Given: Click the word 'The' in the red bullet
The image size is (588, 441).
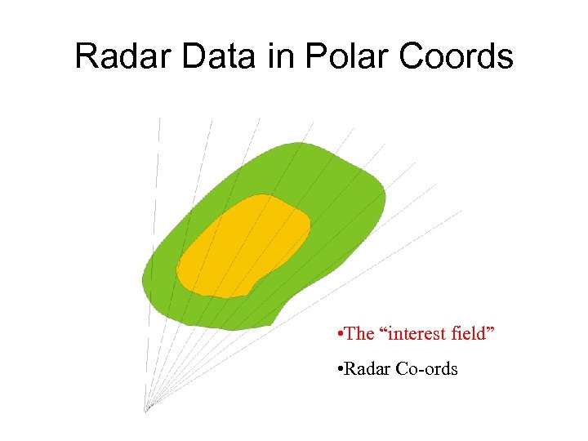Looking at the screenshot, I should point(359,334).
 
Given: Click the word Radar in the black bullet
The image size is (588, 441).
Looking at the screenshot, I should point(368,369).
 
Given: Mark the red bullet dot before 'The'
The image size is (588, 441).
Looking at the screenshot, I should point(339,335).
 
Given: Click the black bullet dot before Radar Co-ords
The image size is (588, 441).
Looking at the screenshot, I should point(339,370).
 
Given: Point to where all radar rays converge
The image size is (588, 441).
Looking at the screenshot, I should point(146,409).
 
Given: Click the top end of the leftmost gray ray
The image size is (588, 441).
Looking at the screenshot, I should point(159,118).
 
